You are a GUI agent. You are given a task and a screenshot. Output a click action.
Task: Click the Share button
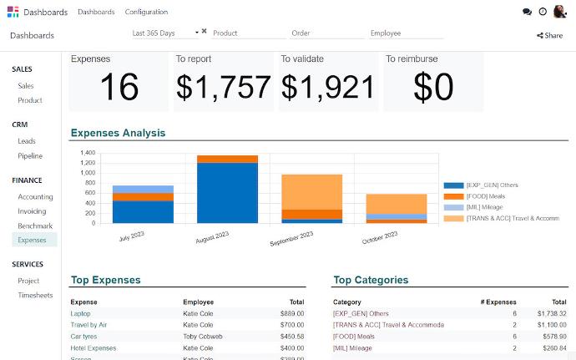coord(549,35)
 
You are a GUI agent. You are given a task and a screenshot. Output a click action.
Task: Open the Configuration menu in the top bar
coord(146,12)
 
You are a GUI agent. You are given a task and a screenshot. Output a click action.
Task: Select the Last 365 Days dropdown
coord(165,33)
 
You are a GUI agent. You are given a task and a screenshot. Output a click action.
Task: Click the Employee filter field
coord(406,33)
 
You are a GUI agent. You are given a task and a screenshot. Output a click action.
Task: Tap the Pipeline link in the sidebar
coord(30,156)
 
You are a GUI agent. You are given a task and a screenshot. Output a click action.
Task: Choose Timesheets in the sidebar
coord(35,296)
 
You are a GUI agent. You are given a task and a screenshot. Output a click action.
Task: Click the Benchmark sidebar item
coord(35,226)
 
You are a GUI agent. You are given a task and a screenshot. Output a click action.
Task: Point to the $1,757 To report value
coord(223,87)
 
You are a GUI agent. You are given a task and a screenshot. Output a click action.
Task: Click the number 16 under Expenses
coord(119,87)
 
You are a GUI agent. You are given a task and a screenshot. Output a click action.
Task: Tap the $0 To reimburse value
coord(433,87)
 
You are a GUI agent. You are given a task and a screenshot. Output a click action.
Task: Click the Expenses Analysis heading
coord(118,133)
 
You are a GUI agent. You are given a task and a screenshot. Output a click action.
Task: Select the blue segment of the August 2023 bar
coord(227,192)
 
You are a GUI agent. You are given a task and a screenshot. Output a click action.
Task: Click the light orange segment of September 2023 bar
coord(311,191)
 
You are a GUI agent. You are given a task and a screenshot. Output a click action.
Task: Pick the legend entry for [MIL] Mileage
coord(488,207)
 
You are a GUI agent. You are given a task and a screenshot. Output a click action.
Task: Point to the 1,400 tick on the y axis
coord(87,154)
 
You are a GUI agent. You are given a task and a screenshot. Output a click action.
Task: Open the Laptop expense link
coord(80,313)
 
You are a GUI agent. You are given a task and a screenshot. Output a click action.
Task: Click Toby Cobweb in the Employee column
coord(203,337)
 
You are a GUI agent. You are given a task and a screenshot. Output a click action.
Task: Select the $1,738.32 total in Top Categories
coord(551,313)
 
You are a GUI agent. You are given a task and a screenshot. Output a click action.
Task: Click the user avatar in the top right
coord(560,12)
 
